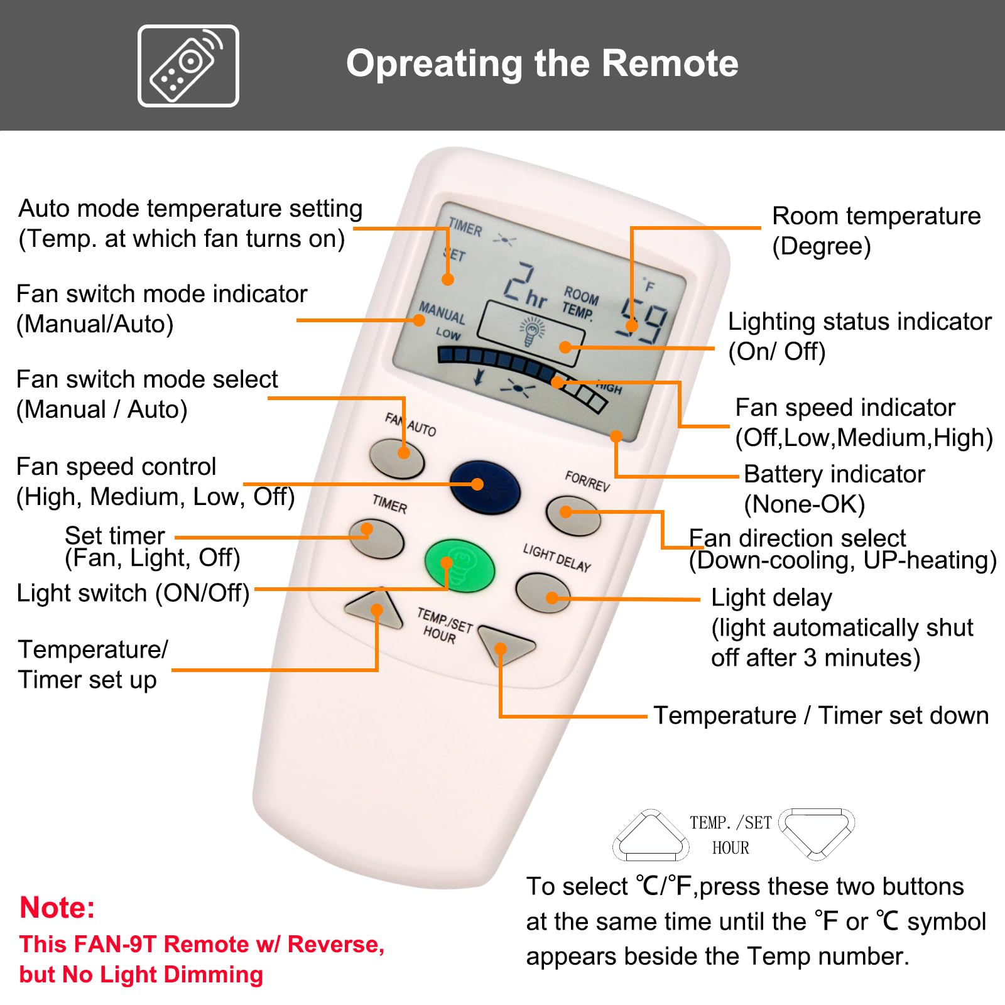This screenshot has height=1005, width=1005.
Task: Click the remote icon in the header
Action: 188,65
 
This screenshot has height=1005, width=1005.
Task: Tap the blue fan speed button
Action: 485,488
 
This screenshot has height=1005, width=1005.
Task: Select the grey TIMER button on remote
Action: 376,539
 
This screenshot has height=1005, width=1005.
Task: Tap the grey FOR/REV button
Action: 573,516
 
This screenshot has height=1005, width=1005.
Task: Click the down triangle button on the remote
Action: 506,645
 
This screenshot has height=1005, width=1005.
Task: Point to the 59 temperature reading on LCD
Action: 641,320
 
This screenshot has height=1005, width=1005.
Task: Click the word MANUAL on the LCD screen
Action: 442,312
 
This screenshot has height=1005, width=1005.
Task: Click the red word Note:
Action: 57,908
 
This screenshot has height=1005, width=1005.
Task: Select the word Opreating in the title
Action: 434,63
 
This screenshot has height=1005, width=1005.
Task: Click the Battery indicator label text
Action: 834,474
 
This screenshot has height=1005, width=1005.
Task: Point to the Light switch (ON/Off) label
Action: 133,593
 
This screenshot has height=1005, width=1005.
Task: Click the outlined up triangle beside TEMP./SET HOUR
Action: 651,835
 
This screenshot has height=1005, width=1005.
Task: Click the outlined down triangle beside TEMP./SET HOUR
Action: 816,833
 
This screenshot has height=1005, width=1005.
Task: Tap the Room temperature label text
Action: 876,216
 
